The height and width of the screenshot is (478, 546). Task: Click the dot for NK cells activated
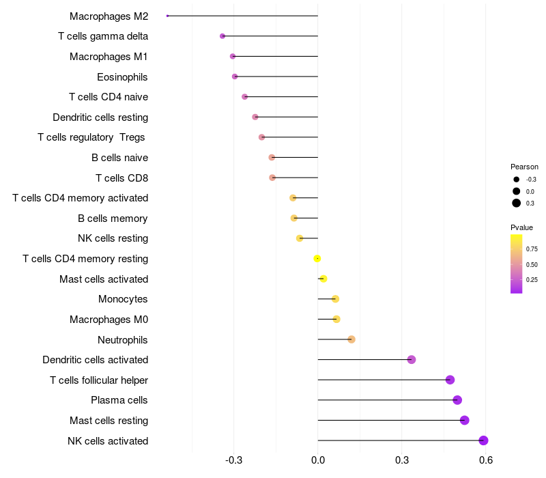(483, 440)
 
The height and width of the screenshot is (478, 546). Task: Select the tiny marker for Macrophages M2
(167, 16)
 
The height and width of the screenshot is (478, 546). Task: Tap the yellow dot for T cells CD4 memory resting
(317, 258)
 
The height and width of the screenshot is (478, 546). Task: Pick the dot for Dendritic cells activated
(412, 360)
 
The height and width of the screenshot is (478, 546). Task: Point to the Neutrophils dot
(351, 339)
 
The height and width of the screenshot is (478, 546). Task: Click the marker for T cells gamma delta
(222, 36)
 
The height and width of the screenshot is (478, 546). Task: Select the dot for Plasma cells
(457, 400)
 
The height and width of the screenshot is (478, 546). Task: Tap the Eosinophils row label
(122, 76)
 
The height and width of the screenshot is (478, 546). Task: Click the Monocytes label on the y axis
(123, 299)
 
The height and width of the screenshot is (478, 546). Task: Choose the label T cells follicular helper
(99, 380)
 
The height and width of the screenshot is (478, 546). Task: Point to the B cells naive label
(119, 158)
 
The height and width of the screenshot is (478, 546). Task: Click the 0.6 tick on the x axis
(486, 462)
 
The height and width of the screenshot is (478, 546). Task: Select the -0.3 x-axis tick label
(234, 462)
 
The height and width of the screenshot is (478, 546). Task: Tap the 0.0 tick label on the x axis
(318, 462)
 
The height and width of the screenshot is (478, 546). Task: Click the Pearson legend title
(524, 167)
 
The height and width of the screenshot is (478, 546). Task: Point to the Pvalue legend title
(522, 227)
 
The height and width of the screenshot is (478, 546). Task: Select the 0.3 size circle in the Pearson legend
(517, 203)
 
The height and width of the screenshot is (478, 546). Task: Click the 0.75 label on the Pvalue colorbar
(532, 249)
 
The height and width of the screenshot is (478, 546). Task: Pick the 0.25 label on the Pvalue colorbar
(532, 279)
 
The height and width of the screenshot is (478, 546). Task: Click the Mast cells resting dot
(465, 420)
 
